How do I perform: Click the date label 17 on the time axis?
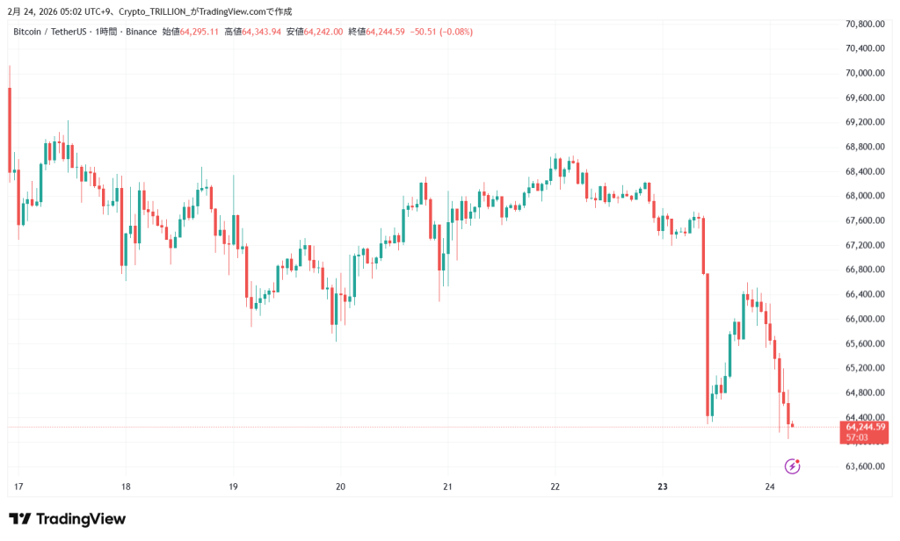[x=18, y=487]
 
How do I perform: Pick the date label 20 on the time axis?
[x=341, y=487]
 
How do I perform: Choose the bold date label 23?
[x=663, y=487]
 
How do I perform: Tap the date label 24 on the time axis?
[x=770, y=487]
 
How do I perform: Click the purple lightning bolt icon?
[x=792, y=466]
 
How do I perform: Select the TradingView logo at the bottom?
[x=67, y=519]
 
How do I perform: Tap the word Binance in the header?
[x=140, y=32]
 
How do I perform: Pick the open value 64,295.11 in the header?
[x=200, y=32]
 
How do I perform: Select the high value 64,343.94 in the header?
[x=262, y=32]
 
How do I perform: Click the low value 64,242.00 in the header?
[x=323, y=32]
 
